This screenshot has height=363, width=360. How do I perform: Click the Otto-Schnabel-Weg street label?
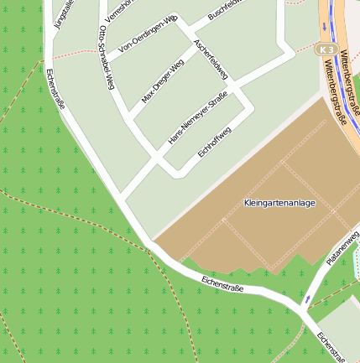(105, 57)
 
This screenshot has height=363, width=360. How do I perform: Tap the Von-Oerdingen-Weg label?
(148, 34)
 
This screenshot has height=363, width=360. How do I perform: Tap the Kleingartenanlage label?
(279, 203)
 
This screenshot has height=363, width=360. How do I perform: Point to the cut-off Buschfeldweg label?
(225, 9)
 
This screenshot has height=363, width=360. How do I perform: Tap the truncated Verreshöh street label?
(117, 10)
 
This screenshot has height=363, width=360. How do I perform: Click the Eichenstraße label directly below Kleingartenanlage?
(222, 283)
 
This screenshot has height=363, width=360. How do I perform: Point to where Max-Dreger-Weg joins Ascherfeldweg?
(197, 49)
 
